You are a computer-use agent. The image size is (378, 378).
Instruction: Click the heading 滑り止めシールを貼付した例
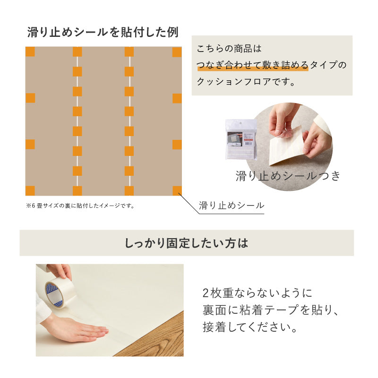point(103,33)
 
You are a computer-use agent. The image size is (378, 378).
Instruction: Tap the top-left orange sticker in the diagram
point(30,52)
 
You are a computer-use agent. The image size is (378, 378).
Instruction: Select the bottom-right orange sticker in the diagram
point(177,190)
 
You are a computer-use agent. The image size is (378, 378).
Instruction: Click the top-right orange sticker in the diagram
point(177,52)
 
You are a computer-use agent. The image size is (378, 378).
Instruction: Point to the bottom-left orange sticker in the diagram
point(30,190)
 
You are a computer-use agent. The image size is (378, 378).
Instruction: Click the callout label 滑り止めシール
point(231,206)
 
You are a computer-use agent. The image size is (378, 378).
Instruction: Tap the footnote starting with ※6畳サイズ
point(80,206)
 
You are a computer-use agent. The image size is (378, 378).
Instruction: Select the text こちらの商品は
point(229,49)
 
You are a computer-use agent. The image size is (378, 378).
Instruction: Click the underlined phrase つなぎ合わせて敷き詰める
point(252,65)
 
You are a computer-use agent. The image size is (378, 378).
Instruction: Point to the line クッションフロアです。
point(246,81)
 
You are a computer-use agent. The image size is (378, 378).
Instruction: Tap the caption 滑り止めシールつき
point(288,176)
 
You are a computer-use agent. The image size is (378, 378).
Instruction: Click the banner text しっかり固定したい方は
point(186,243)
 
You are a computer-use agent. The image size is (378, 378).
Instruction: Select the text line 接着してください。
point(250,327)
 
